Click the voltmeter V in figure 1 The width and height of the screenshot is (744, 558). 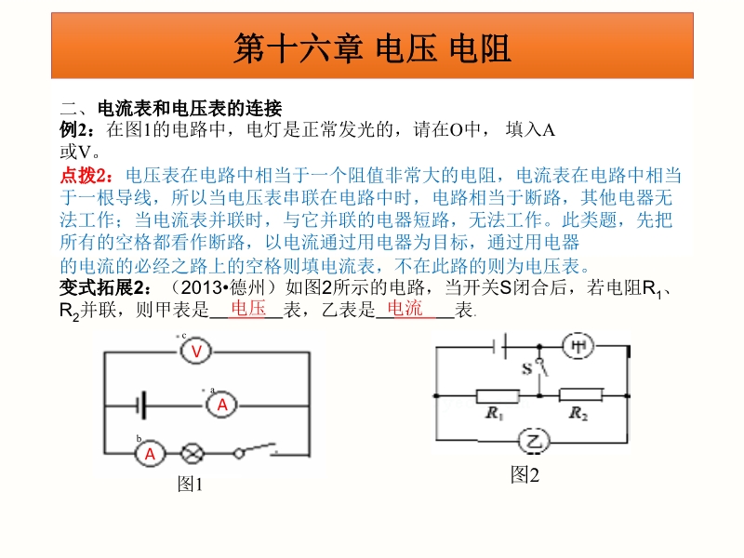[196, 352]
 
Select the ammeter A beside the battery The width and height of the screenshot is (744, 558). [221, 405]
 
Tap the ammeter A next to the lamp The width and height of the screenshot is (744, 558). [150, 454]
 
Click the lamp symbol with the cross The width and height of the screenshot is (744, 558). [193, 453]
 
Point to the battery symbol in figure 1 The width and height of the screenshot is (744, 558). [140, 405]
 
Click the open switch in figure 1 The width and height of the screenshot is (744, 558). [255, 450]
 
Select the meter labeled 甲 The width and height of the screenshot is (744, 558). [578, 346]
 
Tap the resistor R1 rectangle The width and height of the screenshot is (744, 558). [498, 395]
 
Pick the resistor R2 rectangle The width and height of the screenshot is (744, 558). [581, 394]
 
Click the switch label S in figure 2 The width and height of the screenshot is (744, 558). [527, 368]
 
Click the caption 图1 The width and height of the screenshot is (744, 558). [190, 485]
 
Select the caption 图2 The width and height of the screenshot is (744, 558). [525, 474]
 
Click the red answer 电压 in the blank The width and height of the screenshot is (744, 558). [248, 309]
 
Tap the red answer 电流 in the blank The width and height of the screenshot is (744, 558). [405, 309]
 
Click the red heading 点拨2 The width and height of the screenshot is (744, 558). [86, 176]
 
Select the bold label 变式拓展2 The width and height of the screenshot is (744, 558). [105, 287]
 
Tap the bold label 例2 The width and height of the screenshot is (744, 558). [76, 129]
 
